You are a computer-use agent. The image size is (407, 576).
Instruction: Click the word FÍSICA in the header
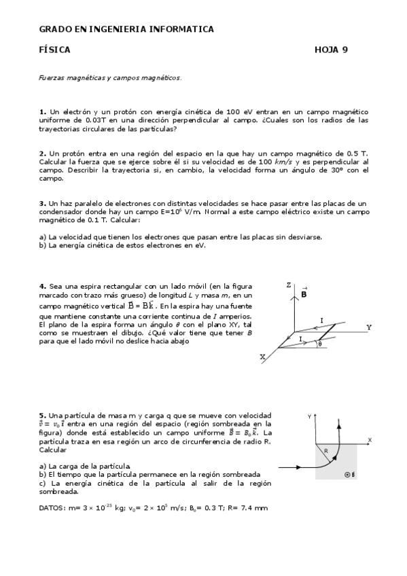[x=55, y=50]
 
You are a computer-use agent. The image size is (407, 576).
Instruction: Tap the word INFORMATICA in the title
[x=181, y=29]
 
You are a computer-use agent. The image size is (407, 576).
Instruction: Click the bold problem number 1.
[x=42, y=111]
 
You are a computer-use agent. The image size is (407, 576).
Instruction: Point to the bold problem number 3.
[x=42, y=203]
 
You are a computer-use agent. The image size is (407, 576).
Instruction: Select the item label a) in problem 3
[x=43, y=237]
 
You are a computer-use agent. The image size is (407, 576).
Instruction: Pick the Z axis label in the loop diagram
[x=289, y=285]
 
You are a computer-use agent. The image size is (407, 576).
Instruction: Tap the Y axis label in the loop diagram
[x=369, y=327]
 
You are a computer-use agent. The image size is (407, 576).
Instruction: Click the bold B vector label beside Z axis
[x=304, y=294]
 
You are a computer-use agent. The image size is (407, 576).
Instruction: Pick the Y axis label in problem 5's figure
[x=309, y=415]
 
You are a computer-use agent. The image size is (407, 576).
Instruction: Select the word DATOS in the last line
[x=52, y=507]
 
